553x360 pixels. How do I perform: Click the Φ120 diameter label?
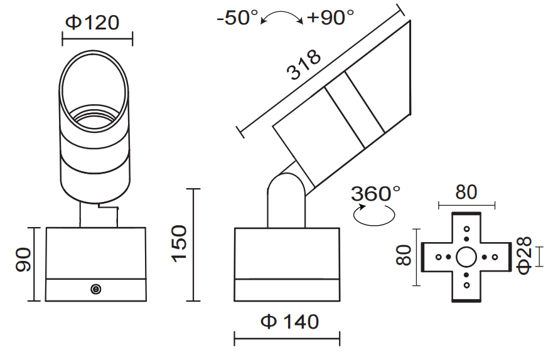click(92, 23)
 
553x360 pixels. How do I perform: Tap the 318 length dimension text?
click(304, 65)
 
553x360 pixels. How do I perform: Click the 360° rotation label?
click(375, 194)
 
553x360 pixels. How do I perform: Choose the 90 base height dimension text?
click(24, 260)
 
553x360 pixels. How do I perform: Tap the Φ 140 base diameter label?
click(289, 322)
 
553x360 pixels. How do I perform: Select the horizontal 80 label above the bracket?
click(466, 192)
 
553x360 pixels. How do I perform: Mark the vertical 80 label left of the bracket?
click(404, 256)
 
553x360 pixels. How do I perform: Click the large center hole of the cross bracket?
click(466, 257)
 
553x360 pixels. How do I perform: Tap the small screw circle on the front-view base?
click(95, 289)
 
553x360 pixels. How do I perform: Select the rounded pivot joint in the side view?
click(287, 188)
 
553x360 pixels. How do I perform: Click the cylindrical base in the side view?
click(287, 263)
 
